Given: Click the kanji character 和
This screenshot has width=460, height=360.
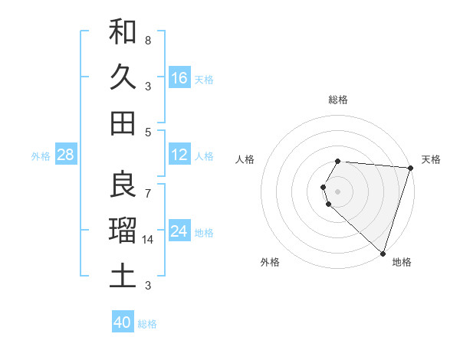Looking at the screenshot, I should (123, 32).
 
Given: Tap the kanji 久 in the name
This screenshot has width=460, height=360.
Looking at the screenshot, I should (123, 77).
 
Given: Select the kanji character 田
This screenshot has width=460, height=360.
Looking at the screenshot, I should (123, 122).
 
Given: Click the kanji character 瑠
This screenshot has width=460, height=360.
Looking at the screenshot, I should (123, 230).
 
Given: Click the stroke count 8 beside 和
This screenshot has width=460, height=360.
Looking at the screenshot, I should (148, 40).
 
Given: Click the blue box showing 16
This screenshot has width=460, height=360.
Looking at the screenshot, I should (179, 78).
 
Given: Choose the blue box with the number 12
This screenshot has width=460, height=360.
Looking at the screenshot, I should (179, 155).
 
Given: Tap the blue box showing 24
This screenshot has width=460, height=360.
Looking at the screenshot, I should (179, 231).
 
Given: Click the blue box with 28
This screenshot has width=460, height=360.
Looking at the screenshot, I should (66, 155).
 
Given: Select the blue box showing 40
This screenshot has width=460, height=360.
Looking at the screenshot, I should (123, 322).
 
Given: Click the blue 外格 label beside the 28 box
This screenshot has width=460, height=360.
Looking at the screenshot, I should (41, 156).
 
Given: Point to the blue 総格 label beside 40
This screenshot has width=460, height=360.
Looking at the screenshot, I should (147, 324).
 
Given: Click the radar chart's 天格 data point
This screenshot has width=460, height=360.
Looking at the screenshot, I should (409, 168).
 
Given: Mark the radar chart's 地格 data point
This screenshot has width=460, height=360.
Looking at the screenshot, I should (383, 253).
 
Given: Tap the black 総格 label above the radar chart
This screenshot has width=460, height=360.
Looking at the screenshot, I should (338, 100).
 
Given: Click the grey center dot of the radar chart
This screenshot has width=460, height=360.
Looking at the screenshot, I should (338, 190).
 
